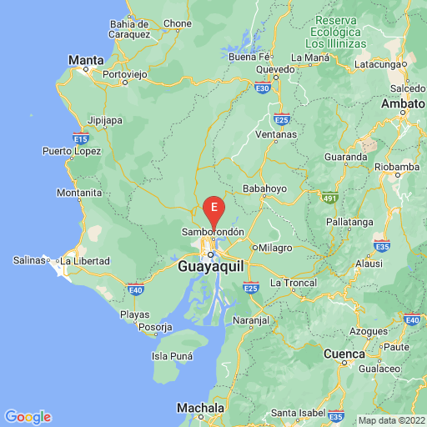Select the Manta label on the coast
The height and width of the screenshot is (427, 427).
pos(86,60)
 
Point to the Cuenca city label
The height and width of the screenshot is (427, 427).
pos(344,354)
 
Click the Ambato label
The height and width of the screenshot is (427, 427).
pos(404,104)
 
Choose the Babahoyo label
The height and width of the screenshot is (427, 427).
pos(264,188)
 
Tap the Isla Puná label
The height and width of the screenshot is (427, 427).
pos(173,356)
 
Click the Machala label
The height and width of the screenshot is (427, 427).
pos(201,408)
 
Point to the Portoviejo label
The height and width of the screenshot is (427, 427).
pos(124,74)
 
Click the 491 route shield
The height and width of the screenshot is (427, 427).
pos(332,197)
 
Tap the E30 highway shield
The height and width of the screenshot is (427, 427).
pos(263,87)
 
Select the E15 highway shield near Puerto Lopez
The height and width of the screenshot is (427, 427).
pos(81,136)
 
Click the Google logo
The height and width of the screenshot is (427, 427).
pos(28,417)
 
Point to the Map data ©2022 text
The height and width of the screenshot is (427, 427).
pos(390,419)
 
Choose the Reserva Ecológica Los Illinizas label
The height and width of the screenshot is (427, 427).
pos(335,30)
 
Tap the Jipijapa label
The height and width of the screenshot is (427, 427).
pos(105,120)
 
